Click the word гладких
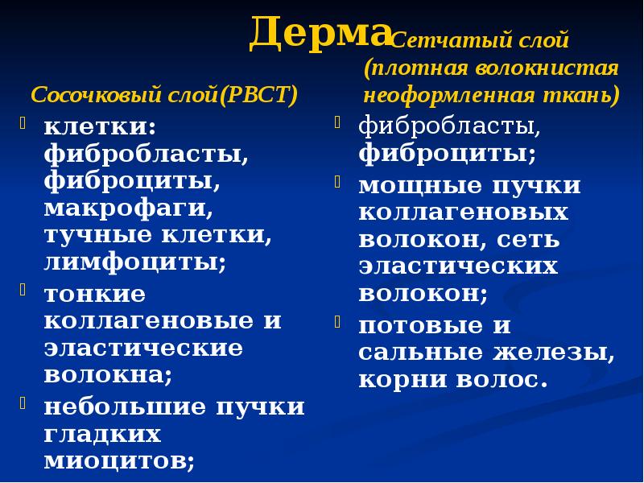[102, 434]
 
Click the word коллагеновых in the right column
[463, 213]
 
